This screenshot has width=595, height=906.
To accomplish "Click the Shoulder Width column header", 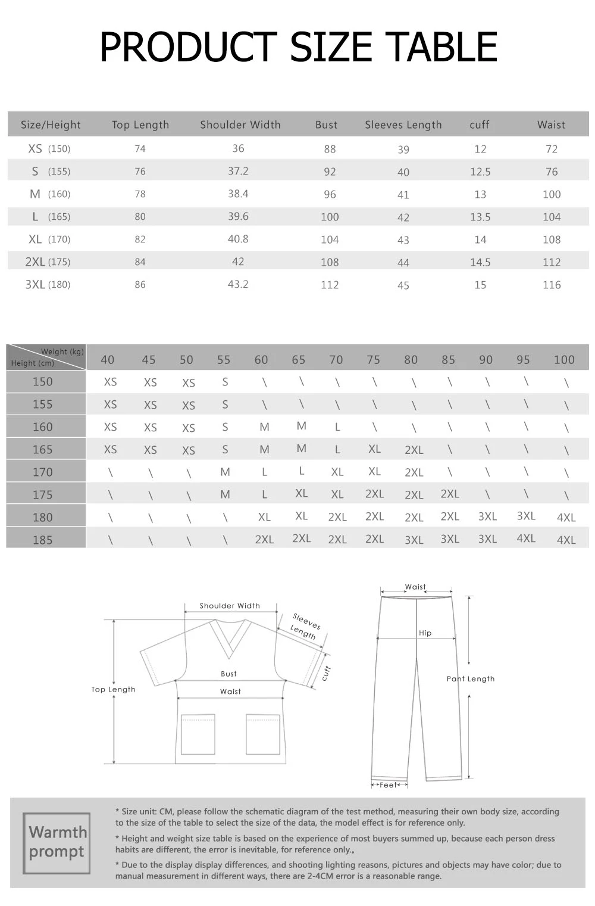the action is [240, 124].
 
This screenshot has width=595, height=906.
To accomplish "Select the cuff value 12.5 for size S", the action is [480, 172].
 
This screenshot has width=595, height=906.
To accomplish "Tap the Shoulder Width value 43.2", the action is [238, 284].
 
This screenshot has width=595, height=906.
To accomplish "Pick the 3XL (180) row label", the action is [48, 285].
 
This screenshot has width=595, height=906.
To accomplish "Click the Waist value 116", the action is [552, 285].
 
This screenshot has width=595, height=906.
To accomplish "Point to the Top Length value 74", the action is [140, 149].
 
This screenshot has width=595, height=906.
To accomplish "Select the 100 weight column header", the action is [564, 360].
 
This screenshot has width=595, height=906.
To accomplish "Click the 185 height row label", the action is [42, 540].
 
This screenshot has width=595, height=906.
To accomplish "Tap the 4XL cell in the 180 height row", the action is [566, 517].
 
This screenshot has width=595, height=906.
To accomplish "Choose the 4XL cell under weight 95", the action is [526, 538].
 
